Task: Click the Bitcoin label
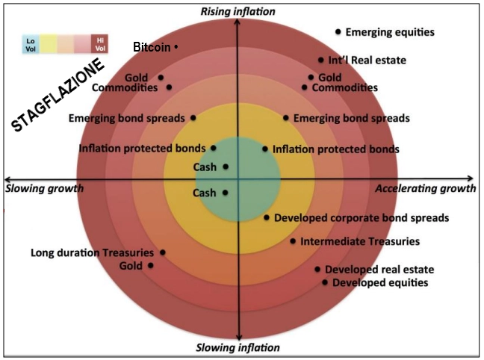pyautogui.click(x=152, y=47)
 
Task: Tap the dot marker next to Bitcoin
pyautogui.click(x=176, y=47)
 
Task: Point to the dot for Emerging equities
pyautogui.click(x=338, y=31)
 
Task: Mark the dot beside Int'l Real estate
pyautogui.click(x=321, y=60)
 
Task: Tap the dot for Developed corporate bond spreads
pyautogui.click(x=267, y=217)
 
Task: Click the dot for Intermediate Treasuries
pyautogui.click(x=293, y=241)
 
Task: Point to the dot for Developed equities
pyautogui.click(x=325, y=282)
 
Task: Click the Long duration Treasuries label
pyautogui.click(x=93, y=252)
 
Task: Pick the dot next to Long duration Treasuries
pyautogui.click(x=163, y=252)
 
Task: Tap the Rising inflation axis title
pyautogui.click(x=238, y=11)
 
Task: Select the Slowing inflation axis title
pyautogui.click(x=238, y=347)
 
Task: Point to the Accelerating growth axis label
pyautogui.click(x=425, y=189)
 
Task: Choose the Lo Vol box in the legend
pyautogui.click(x=31, y=44)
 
